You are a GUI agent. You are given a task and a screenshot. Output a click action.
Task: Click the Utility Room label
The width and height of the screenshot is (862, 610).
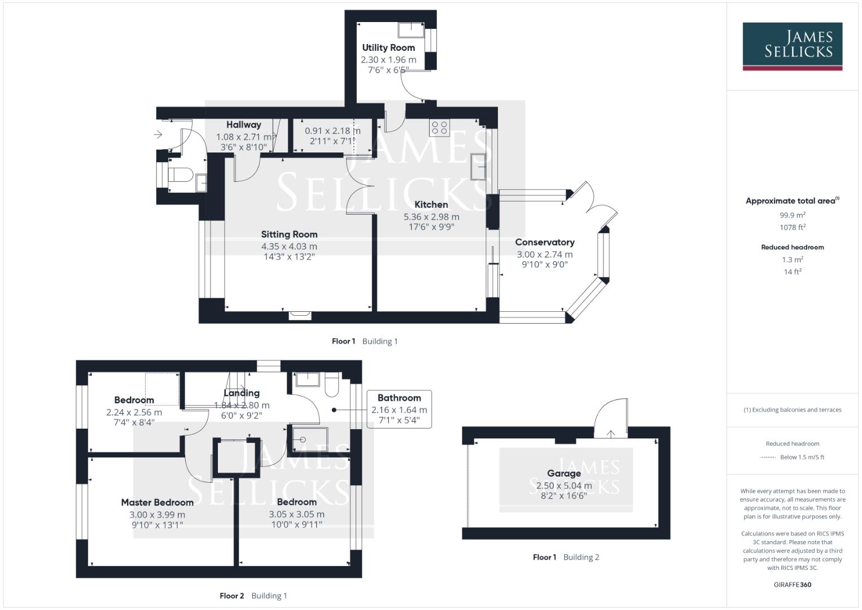(x=388, y=48)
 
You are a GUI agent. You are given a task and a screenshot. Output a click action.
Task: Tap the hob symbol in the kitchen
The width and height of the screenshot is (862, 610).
(x=440, y=128)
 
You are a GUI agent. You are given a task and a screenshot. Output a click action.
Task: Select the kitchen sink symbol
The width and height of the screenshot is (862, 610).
(x=479, y=167)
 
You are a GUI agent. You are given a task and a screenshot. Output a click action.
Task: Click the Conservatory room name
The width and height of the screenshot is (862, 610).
(x=545, y=242)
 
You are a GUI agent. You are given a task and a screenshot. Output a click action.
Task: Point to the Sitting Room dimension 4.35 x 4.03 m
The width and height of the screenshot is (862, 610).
(x=289, y=246)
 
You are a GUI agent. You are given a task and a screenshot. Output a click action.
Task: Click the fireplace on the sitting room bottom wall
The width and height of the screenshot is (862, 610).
(x=299, y=316)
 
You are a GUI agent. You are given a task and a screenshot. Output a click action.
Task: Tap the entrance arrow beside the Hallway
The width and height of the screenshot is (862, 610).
(x=158, y=134)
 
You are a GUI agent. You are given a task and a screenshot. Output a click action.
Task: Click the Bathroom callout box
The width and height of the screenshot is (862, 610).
(x=399, y=409)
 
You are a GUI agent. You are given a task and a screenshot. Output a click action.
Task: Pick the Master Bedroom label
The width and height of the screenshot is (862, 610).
(x=157, y=502)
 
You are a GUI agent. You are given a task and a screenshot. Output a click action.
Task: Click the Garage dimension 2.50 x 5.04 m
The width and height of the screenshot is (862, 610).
(x=564, y=486)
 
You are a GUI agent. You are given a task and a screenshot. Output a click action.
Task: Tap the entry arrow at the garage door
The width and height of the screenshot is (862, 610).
(x=611, y=434)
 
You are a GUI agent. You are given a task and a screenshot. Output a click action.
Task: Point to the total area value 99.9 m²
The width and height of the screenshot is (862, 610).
(x=792, y=215)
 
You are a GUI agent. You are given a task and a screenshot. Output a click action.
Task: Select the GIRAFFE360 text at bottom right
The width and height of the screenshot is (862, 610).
(x=792, y=585)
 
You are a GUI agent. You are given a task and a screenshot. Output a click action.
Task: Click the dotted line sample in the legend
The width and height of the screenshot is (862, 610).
(x=768, y=457)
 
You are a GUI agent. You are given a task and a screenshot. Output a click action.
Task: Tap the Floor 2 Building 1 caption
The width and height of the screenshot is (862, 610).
(x=253, y=596)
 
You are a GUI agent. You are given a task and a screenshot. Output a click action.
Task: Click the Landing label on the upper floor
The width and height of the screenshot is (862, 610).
(x=242, y=393)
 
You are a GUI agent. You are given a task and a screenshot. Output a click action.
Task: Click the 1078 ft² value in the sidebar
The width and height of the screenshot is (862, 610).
(x=792, y=228)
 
